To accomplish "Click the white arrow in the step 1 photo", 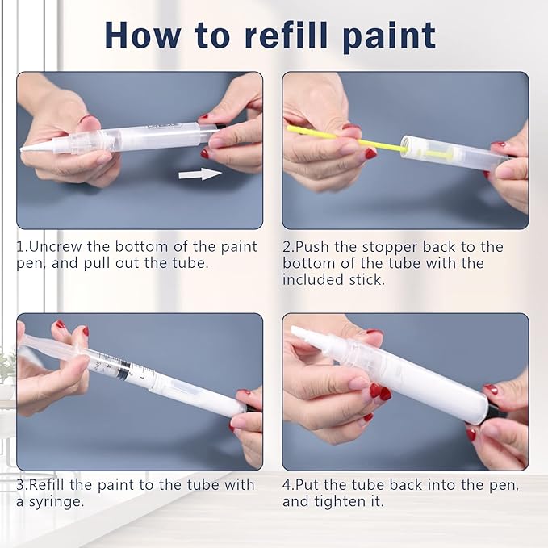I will pyautogui.click(x=199, y=174).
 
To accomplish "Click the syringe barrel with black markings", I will pyautogui.click(x=113, y=368).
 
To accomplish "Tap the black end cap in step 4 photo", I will pyautogui.click(x=491, y=414).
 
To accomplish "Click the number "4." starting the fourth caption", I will pyautogui.click(x=290, y=485).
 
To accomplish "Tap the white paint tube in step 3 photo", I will pyautogui.click(x=194, y=392).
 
